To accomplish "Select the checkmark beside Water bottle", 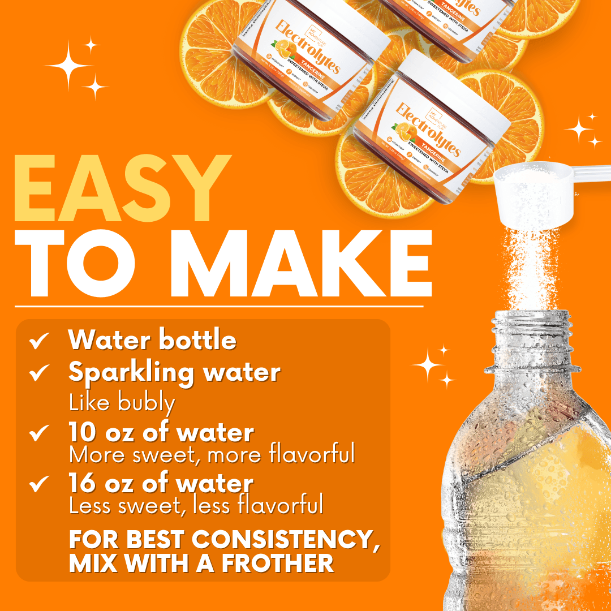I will (39, 341).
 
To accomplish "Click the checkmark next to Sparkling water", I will (39, 373).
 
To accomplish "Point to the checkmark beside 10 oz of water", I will (39, 433).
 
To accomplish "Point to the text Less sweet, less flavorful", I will (196, 505).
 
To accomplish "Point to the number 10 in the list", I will (81, 433).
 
